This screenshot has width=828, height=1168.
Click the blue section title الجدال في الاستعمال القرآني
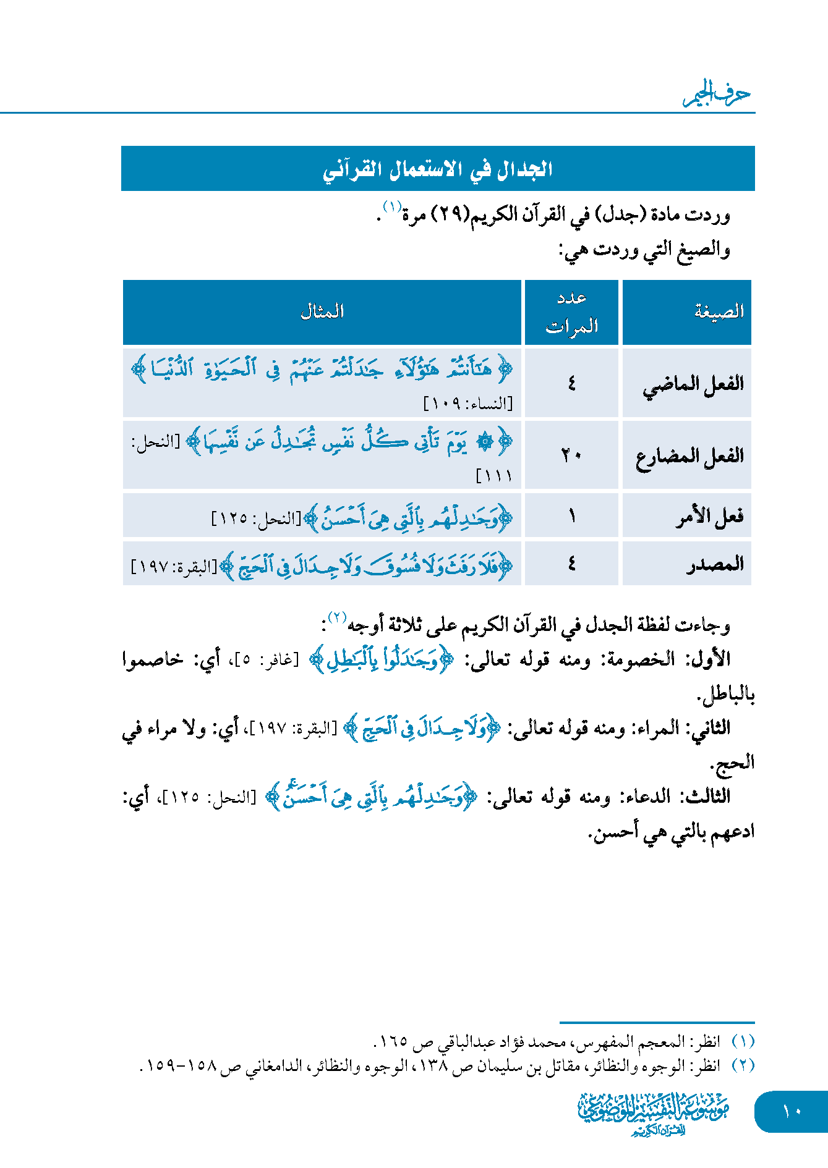(437, 169)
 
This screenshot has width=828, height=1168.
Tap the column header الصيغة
(719, 312)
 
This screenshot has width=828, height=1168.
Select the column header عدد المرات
(571, 312)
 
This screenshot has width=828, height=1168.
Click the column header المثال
(322, 312)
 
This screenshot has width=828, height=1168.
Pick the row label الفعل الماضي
(693, 384)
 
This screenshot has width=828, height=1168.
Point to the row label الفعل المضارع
(689, 457)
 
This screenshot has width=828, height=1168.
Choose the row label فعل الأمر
(709, 516)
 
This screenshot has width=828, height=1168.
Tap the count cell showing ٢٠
(571, 456)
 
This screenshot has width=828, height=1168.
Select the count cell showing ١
(572, 515)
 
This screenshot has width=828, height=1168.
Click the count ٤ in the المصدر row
(571, 564)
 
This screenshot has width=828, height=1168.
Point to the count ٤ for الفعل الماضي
(571, 383)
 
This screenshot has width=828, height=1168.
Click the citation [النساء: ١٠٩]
(468, 404)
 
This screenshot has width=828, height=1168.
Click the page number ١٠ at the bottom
(792, 1111)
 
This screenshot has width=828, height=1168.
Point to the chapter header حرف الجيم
(717, 95)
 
